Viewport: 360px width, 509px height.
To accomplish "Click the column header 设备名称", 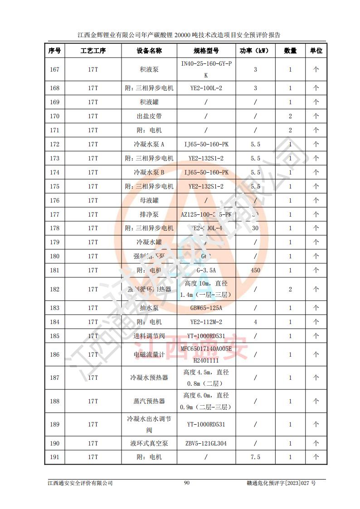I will point(149,51).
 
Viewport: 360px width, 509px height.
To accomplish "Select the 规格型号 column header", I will point(206,51).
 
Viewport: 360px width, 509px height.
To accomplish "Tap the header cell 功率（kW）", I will point(255,51).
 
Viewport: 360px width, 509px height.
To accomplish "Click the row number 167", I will point(54,69).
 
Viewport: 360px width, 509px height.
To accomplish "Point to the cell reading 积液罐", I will point(149,102).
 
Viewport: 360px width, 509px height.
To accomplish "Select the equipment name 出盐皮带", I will point(149,116).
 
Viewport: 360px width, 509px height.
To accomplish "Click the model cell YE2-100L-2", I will point(206,88).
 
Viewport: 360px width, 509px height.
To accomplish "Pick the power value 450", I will point(255,270).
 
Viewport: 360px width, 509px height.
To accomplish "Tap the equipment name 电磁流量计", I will point(149,354).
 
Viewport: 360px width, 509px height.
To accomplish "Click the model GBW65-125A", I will point(206,308).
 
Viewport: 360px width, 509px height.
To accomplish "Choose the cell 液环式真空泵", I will point(149,443).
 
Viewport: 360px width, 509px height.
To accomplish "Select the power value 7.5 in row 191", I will point(255,457).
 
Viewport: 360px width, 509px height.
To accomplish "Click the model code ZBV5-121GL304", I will point(206,443).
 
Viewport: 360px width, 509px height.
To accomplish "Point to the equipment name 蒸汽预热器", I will point(149,401).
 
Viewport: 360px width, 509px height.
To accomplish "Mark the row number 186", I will point(54,354).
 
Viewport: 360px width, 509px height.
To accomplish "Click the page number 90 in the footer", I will point(186,483).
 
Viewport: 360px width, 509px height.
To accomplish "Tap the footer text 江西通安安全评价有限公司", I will point(80,483).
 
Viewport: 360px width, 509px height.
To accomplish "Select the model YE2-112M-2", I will point(206,322).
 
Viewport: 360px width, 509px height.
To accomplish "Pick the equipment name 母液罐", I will point(149,200).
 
